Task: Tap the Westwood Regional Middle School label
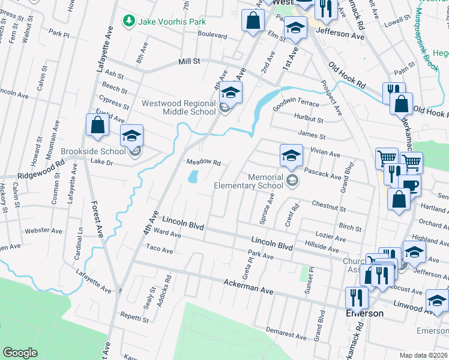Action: (x=178, y=107)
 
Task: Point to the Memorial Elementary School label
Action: (x=249, y=181)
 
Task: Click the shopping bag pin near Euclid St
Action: (x=97, y=125)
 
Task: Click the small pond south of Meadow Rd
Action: (x=193, y=177)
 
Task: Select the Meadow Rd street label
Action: (x=203, y=163)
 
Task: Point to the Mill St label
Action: (x=188, y=62)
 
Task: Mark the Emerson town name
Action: (x=364, y=314)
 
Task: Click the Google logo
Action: (x=20, y=353)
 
